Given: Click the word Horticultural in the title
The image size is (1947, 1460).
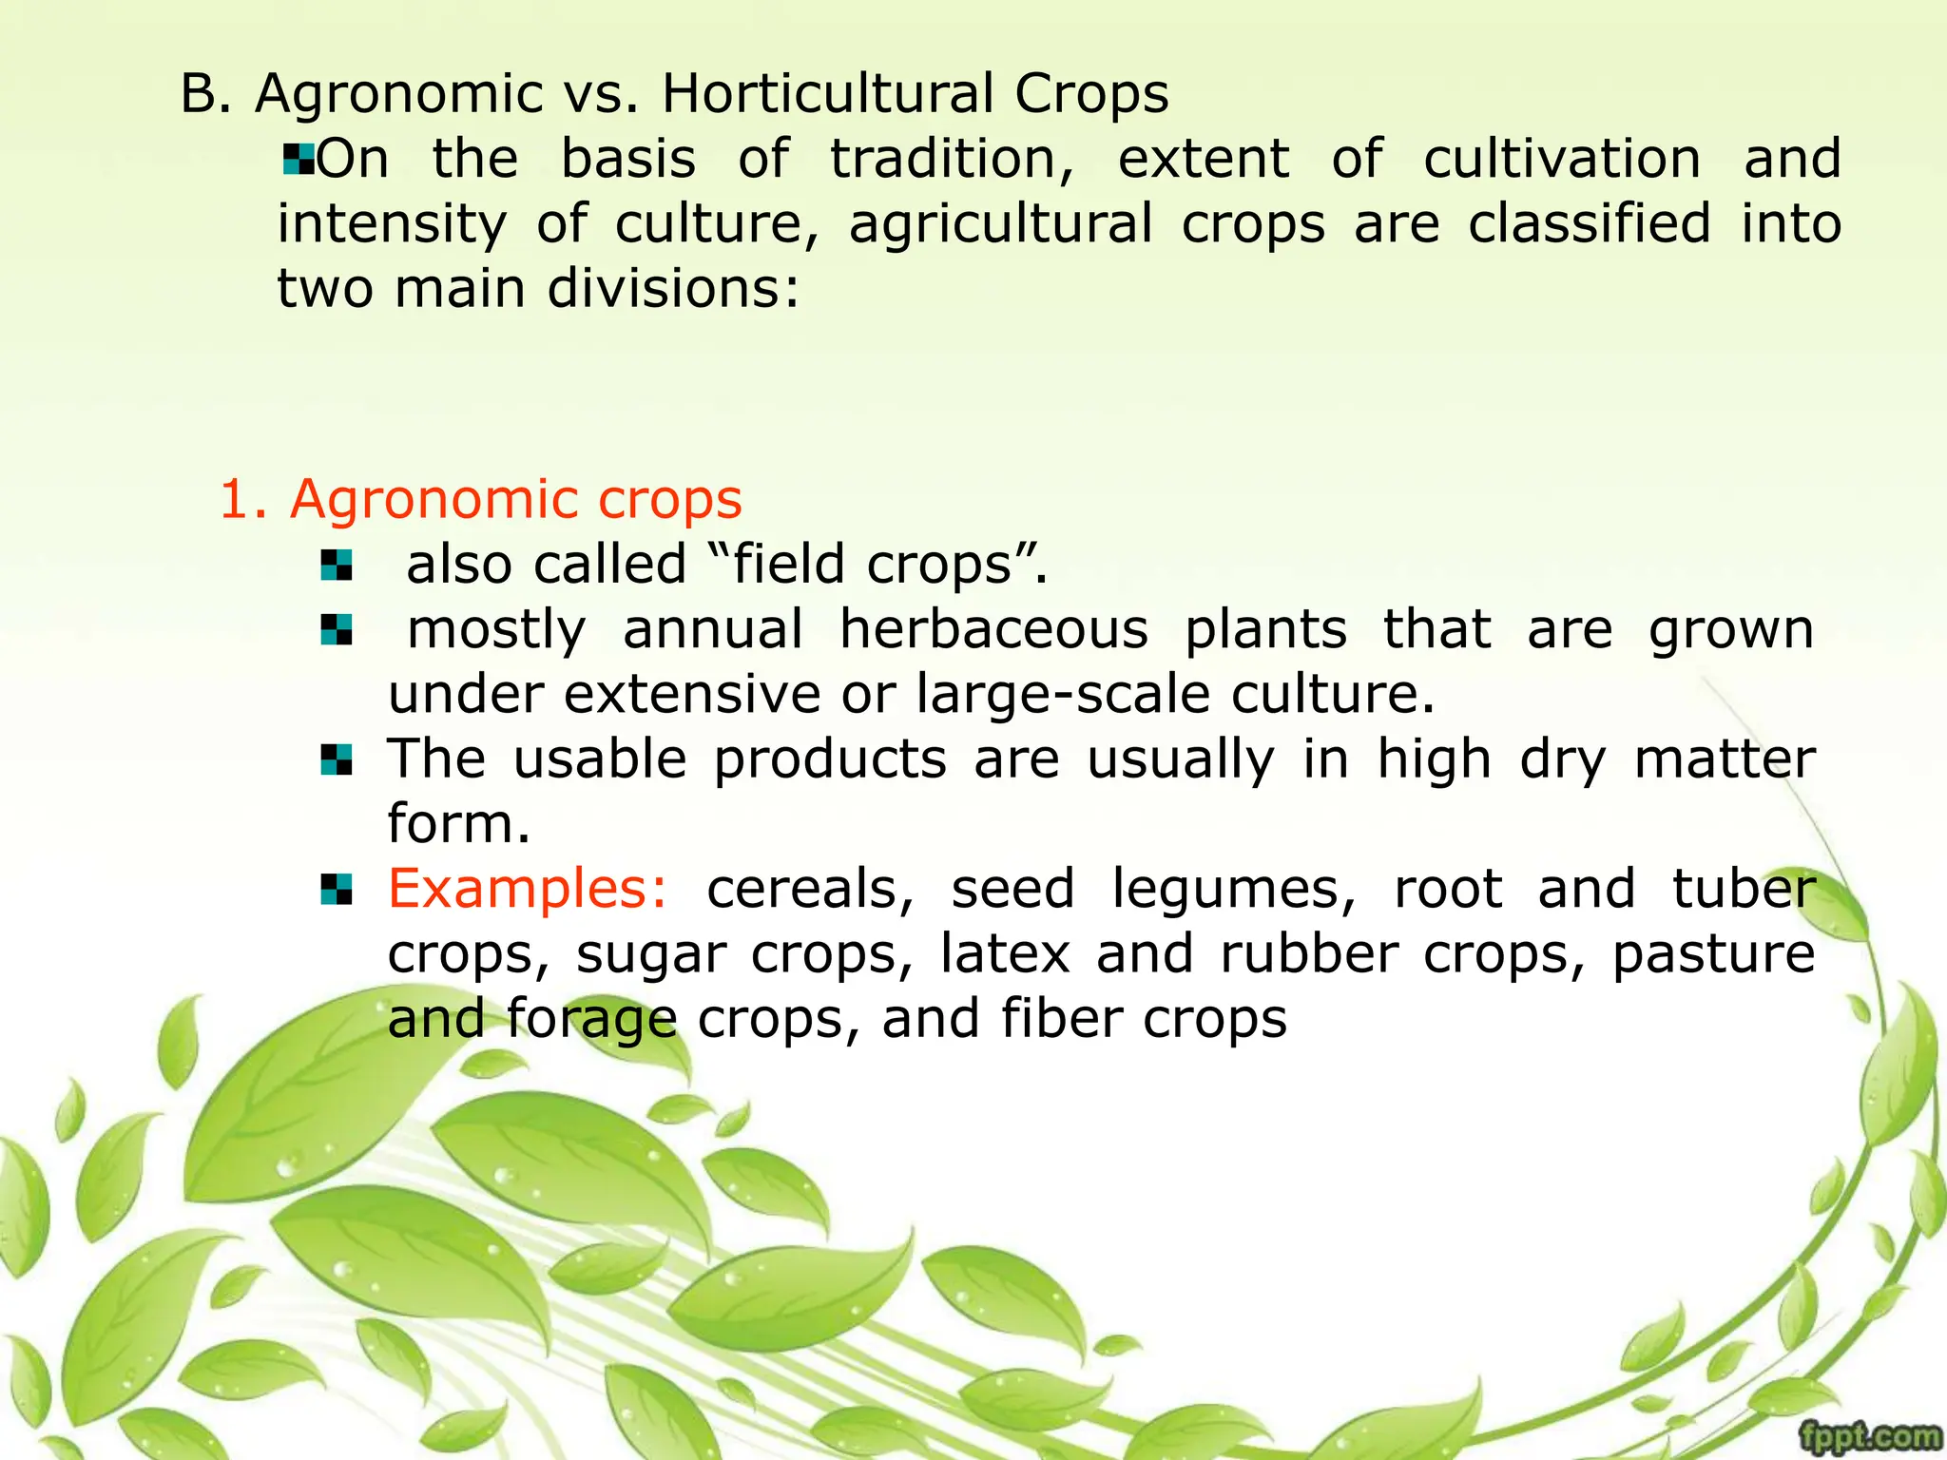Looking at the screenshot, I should (827, 94).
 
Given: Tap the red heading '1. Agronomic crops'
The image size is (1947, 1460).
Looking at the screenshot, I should (480, 499).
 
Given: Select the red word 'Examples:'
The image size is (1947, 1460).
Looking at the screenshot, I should (529, 889).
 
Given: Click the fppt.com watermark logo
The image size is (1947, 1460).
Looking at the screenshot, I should (1870, 1436).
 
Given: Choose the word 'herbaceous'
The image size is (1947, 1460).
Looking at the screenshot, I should (993, 629).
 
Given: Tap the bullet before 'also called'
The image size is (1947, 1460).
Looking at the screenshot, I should (337, 566).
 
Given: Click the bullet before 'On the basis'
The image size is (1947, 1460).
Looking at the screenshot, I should (299, 158).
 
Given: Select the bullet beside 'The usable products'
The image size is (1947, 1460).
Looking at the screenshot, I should (337, 759).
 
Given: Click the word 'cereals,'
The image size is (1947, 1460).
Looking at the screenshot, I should (810, 889).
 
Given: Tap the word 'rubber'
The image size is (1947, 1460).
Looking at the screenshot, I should (1308, 953).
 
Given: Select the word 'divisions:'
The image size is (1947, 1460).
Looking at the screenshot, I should (674, 288).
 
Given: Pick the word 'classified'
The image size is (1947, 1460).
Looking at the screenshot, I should (1589, 223).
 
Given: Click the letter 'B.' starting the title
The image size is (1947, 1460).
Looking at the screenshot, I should (205, 94).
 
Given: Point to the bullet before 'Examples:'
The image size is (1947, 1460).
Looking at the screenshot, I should (337, 890).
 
